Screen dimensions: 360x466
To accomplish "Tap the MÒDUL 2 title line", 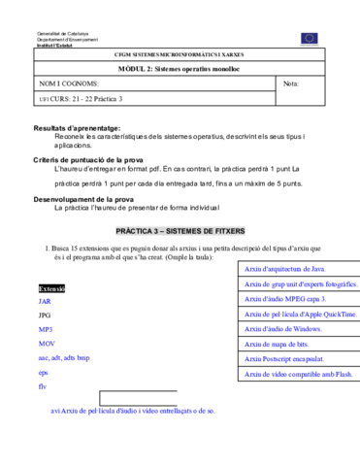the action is click(180, 70).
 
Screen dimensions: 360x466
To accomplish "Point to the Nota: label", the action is click(291, 84).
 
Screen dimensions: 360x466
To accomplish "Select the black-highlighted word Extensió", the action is click(51, 289).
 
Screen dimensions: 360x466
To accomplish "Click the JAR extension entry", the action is click(46, 302).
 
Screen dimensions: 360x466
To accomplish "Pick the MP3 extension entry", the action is click(46, 330).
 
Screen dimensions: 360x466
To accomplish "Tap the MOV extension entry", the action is click(47, 344).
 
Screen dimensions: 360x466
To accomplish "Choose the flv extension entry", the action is click(43, 386).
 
